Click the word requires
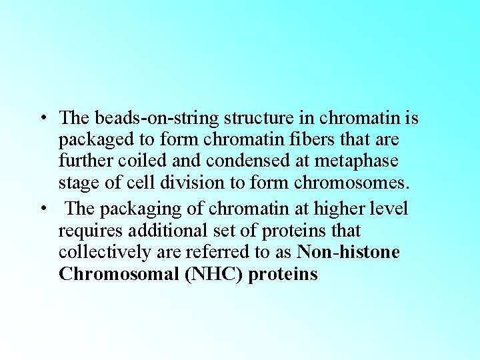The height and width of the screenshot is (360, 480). [89, 231]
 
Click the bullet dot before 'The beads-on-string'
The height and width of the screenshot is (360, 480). [42, 119]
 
